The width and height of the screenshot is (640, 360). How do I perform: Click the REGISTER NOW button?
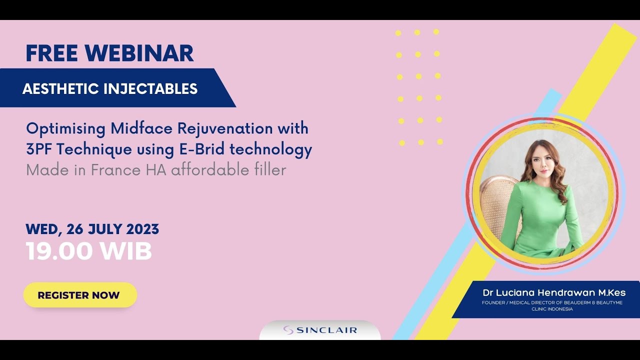tap(79, 295)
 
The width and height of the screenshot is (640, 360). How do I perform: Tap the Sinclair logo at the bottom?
tap(320, 330)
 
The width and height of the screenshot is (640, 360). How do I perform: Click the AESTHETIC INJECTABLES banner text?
tap(110, 89)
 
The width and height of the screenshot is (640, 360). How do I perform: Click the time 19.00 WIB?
tap(88, 251)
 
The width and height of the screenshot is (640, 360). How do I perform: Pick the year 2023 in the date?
tap(142, 229)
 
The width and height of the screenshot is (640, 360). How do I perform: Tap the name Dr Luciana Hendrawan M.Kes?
tap(554, 292)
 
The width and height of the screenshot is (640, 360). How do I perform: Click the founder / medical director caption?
tap(552, 305)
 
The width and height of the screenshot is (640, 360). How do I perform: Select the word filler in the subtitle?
tap(270, 170)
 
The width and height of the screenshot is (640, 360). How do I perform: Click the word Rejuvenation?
tap(225, 128)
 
